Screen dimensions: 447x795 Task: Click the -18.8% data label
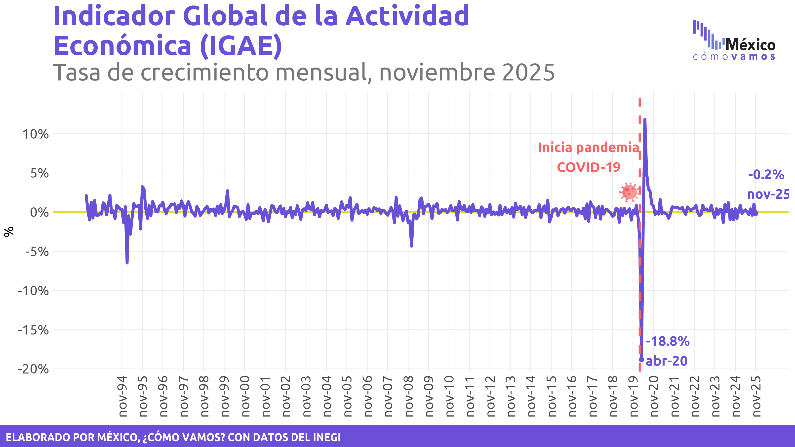(668, 341)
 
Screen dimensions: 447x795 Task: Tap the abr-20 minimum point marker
(641, 359)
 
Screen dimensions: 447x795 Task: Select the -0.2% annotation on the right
(766, 175)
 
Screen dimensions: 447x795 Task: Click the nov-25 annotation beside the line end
(768, 194)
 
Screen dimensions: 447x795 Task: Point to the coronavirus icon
(629, 192)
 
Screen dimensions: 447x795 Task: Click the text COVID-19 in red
(589, 167)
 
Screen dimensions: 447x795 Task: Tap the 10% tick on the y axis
(36, 134)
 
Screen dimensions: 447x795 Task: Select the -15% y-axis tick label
(33, 330)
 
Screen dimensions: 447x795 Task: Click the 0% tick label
(39, 213)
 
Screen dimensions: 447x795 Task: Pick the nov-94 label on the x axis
(123, 396)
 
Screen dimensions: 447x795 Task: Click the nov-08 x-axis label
(409, 396)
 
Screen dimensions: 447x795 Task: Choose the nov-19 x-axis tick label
(634, 396)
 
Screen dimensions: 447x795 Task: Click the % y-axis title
(9, 231)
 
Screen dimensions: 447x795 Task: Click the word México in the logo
(750, 45)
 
